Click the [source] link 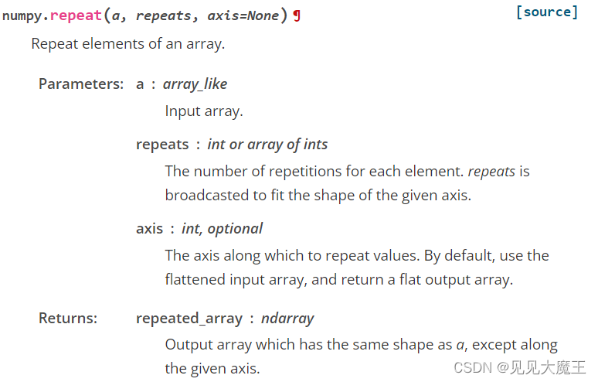546,12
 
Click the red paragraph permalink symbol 297,16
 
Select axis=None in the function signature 243,16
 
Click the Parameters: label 81,84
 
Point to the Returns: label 69,318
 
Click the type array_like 195,84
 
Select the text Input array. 204,111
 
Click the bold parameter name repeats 162,144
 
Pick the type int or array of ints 267,144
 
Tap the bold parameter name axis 149,228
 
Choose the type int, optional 222,228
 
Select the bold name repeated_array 189,318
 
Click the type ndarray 287,318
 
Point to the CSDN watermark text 519,367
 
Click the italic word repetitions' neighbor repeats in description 491,171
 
